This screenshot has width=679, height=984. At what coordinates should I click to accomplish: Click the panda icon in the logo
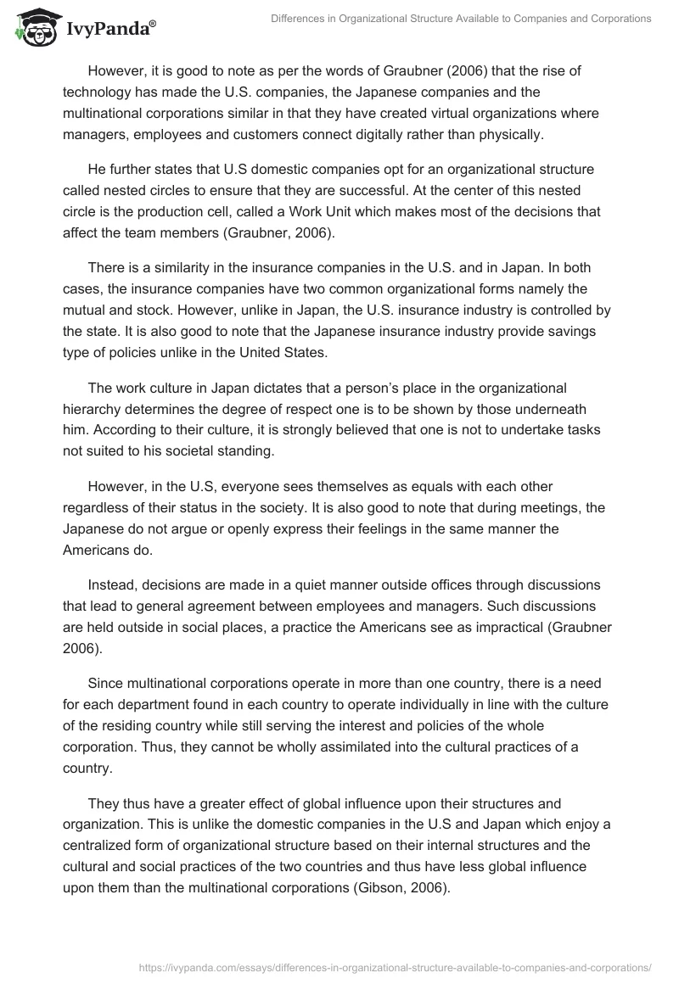pyautogui.click(x=31, y=28)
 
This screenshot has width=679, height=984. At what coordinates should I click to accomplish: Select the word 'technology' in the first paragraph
pyautogui.click(x=103, y=92)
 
